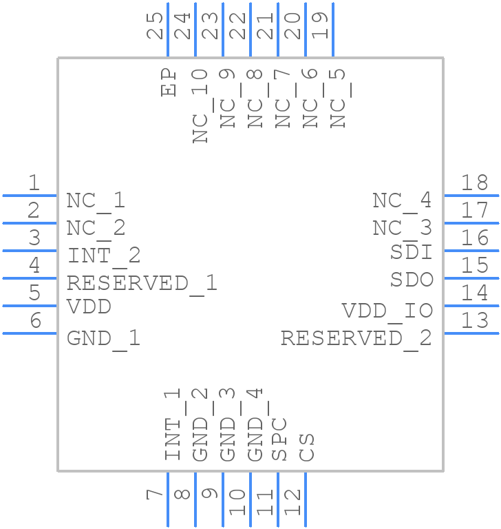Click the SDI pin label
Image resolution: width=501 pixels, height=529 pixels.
(x=411, y=253)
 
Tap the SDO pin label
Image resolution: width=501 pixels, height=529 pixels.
(x=411, y=280)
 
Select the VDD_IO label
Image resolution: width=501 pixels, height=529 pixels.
(x=387, y=311)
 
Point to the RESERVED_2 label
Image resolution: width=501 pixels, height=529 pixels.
(x=356, y=339)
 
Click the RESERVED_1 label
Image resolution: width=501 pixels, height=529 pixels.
(x=142, y=283)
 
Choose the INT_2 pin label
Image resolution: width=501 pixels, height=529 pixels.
(x=104, y=256)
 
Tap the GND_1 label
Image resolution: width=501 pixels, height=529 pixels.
(x=104, y=339)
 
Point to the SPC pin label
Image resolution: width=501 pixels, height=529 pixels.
(x=279, y=439)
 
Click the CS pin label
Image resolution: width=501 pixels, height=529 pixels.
(x=307, y=447)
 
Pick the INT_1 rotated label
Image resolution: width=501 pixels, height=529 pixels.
(x=173, y=424)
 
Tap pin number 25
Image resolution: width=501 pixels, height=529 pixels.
(x=157, y=25)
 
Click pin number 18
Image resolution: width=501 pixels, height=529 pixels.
(x=475, y=183)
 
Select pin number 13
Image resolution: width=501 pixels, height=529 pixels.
(x=475, y=320)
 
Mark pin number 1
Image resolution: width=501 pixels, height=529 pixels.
(x=34, y=183)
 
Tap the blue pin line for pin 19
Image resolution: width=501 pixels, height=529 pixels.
(x=333, y=30)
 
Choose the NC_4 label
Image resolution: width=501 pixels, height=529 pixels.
(x=402, y=200)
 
